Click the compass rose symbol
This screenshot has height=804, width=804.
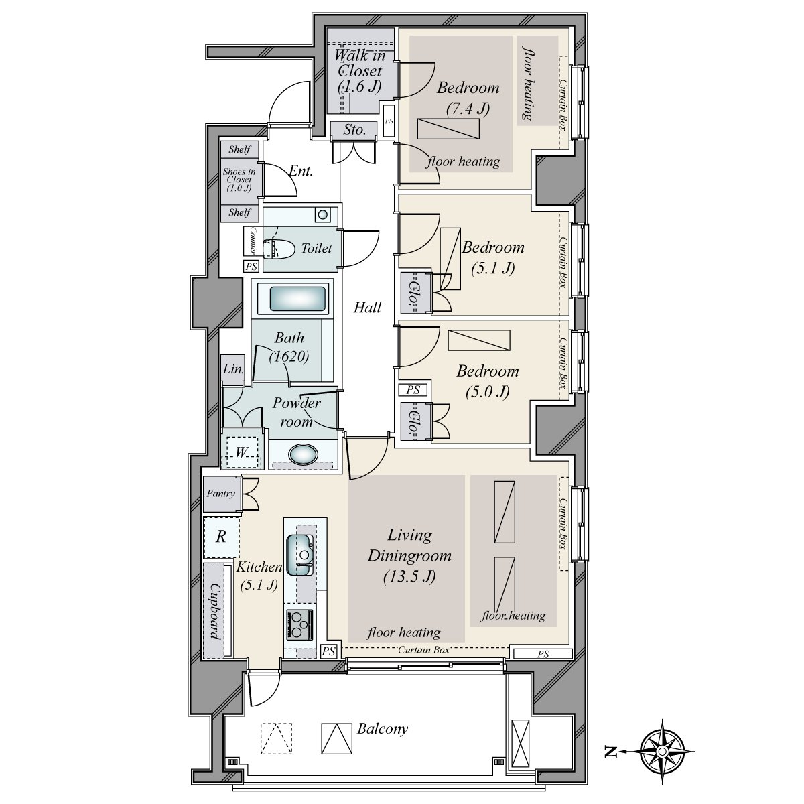point(661,752)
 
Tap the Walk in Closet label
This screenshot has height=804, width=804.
point(359,70)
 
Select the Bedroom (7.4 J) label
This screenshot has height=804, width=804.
point(468,96)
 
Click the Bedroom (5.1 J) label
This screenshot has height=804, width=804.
point(492,257)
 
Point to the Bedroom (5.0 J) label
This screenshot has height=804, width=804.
point(488,381)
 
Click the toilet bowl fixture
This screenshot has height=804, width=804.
point(281,249)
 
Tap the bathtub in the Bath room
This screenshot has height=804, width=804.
point(299,298)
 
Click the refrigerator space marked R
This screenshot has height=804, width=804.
point(220,537)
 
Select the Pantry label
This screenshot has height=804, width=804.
point(221,494)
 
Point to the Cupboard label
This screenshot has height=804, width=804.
point(216,610)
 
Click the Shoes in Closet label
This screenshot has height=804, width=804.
point(239,180)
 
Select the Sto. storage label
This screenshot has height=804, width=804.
point(354,130)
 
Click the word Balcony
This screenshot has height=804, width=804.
point(382,729)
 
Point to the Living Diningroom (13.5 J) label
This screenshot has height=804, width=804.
point(409,555)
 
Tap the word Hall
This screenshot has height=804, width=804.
point(367,308)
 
